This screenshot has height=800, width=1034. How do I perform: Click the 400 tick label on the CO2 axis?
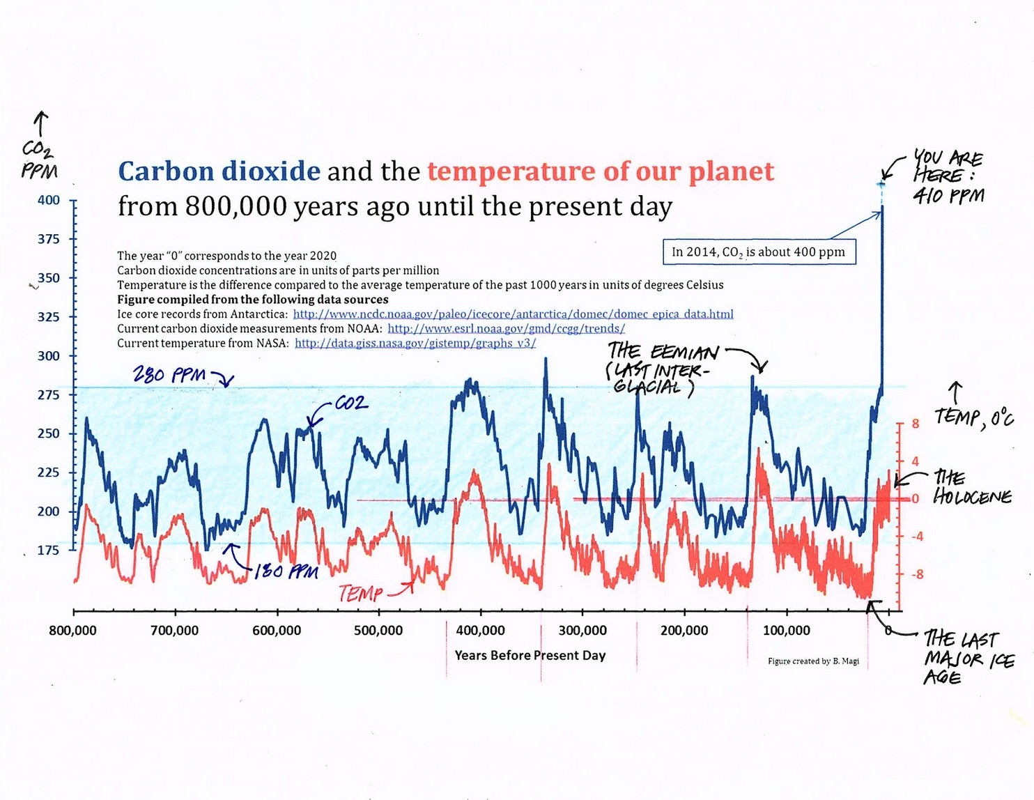coord(49,201)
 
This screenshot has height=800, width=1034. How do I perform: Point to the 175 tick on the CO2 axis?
coord(49,551)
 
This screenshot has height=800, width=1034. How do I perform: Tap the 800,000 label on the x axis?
coord(72,631)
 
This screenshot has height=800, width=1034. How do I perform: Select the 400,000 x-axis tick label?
coord(480,631)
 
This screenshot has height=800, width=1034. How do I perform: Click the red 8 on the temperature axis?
coord(915,424)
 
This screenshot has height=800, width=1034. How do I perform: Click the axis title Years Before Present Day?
coord(530,655)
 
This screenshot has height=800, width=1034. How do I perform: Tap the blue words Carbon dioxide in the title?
coord(219,171)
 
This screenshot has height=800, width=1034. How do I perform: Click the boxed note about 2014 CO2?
coord(758,252)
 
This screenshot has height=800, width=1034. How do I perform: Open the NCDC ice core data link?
coord(513,314)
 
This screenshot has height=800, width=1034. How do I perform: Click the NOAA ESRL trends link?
coord(506,329)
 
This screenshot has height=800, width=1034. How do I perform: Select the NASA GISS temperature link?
coord(415,344)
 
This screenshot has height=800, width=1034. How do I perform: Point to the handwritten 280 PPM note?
coord(170,375)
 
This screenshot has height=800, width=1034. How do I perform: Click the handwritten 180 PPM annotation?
coord(286,572)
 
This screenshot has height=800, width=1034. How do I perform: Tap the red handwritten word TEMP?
coord(360,594)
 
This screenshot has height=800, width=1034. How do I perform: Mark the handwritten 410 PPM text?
coord(948,196)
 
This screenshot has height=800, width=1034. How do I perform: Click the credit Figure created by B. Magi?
coord(813,661)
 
